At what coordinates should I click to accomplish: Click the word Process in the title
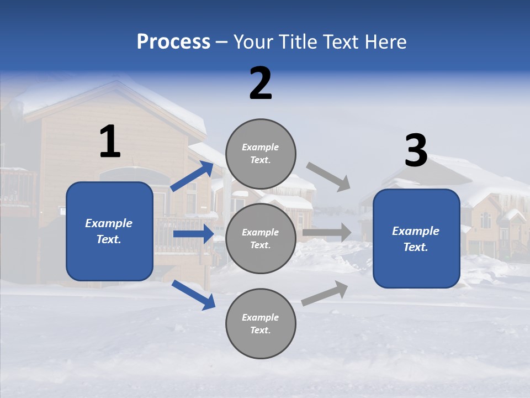click(x=173, y=42)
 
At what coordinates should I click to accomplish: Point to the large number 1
click(x=110, y=142)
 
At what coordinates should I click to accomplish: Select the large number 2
click(x=261, y=83)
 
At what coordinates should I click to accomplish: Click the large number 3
click(x=416, y=151)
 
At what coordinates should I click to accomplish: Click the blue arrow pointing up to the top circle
click(x=192, y=176)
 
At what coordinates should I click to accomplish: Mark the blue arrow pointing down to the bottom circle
click(x=193, y=295)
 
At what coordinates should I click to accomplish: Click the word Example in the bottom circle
click(x=261, y=317)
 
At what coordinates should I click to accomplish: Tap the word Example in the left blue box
click(x=109, y=223)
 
